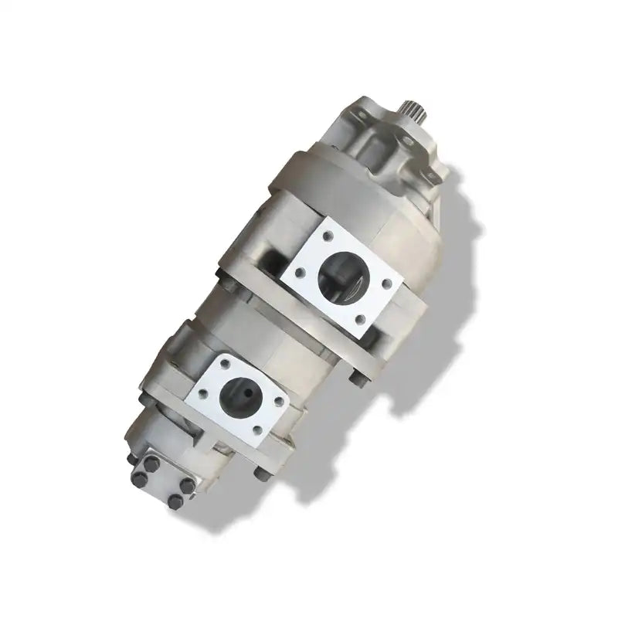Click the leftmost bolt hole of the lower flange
coord(203,394)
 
